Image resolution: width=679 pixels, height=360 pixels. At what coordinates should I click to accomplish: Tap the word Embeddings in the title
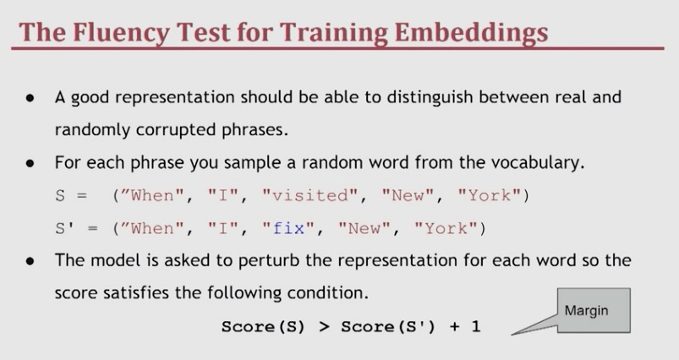pos(471,33)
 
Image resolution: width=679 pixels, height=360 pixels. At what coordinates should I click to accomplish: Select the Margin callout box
pos(594,310)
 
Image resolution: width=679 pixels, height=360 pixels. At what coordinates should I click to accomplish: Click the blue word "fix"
pos(289,228)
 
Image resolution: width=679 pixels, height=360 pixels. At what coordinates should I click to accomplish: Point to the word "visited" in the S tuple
pos(310,195)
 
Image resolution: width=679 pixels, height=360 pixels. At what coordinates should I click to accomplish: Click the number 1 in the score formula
pos(476,326)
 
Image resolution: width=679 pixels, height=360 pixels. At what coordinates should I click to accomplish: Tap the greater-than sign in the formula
pos(324,327)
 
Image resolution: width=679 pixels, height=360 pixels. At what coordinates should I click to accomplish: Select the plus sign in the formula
pos(454,327)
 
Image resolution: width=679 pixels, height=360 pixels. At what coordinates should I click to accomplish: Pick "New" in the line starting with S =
pos(408,195)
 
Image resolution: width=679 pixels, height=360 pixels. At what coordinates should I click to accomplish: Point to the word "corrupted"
pos(175,130)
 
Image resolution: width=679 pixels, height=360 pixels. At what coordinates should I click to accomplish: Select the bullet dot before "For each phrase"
pos(30,163)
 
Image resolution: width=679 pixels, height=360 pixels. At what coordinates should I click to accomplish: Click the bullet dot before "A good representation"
pos(30,98)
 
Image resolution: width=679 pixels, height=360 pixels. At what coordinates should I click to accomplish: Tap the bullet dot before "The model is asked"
pos(30,261)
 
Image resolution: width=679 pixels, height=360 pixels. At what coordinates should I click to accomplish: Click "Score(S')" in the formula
pos(387,327)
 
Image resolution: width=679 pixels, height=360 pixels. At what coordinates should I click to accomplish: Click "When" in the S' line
pos(152,228)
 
